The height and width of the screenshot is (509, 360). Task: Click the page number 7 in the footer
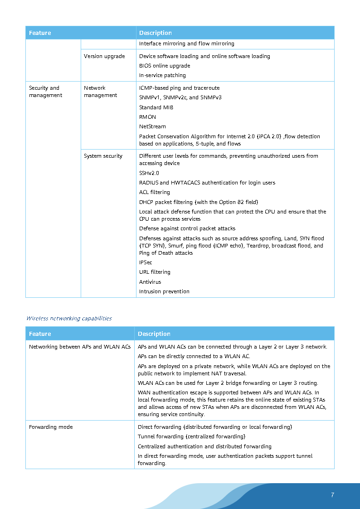(332, 495)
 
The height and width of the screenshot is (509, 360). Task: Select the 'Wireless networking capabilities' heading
(69, 318)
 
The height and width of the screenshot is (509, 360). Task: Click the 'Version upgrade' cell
(104, 56)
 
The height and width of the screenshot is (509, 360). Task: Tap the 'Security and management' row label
(44, 92)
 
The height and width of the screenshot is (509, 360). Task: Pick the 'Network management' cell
(100, 92)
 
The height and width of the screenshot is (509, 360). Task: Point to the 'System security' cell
(103, 156)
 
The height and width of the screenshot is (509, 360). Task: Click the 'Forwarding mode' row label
(51, 427)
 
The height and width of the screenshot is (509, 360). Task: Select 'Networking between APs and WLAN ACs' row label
(80, 347)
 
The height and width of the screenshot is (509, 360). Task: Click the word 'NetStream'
(152, 126)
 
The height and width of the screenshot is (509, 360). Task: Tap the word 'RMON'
(147, 117)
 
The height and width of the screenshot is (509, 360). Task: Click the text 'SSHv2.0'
(149, 173)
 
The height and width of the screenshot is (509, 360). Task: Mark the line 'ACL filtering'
(155, 192)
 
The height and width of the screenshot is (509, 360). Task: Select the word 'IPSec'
(146, 262)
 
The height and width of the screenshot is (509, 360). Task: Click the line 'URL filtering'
(155, 272)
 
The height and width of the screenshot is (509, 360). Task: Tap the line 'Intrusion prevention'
(164, 291)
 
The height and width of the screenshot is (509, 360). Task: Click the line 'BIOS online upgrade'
(165, 66)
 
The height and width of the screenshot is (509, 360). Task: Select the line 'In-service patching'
(162, 75)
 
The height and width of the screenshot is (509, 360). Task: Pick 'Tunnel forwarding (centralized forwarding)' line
(191, 436)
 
